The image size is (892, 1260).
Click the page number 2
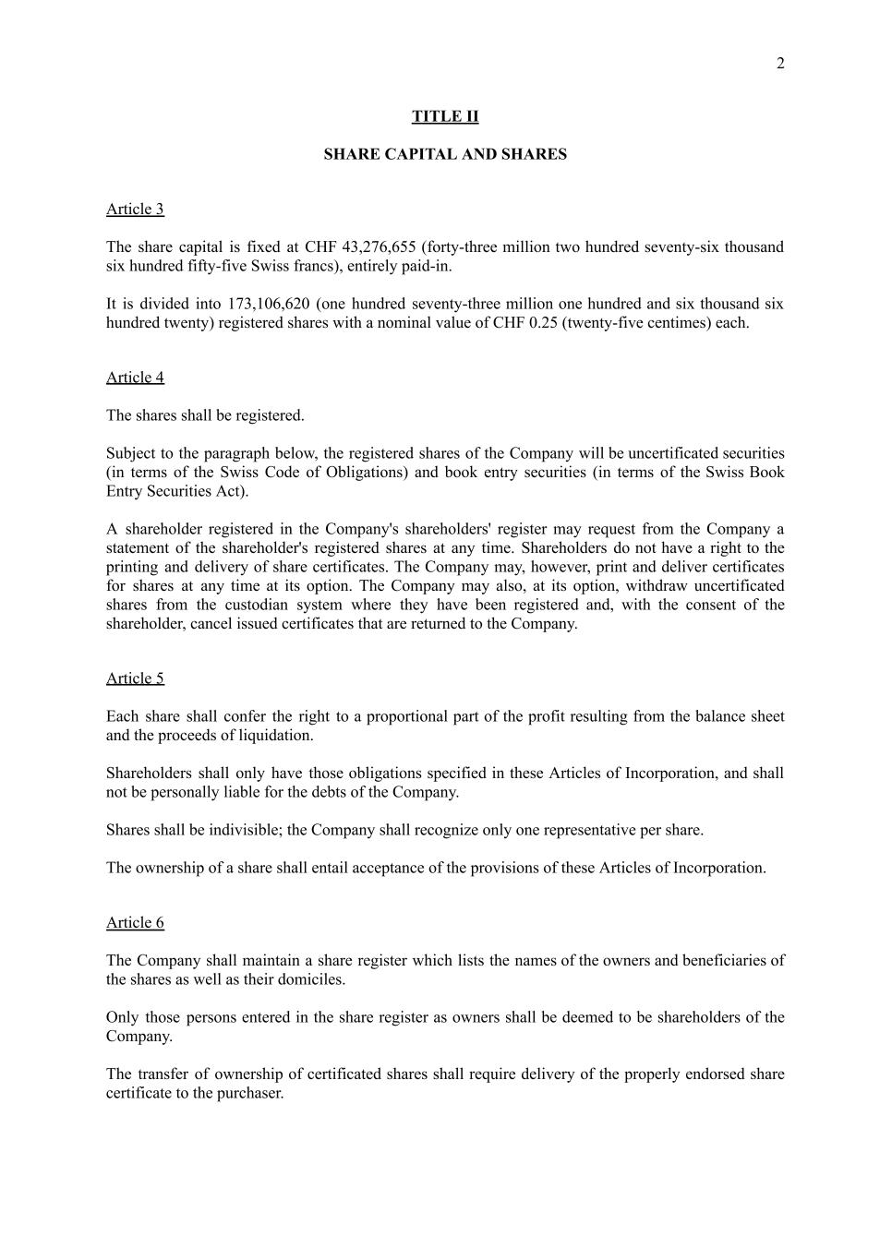click(780, 64)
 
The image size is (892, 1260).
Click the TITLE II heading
click(445, 116)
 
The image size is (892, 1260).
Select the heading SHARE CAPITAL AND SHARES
click(445, 154)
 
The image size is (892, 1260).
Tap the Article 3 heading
click(135, 209)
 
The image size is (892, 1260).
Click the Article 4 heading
click(135, 377)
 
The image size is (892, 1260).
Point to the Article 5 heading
click(135, 678)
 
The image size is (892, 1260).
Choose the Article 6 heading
click(135, 922)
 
